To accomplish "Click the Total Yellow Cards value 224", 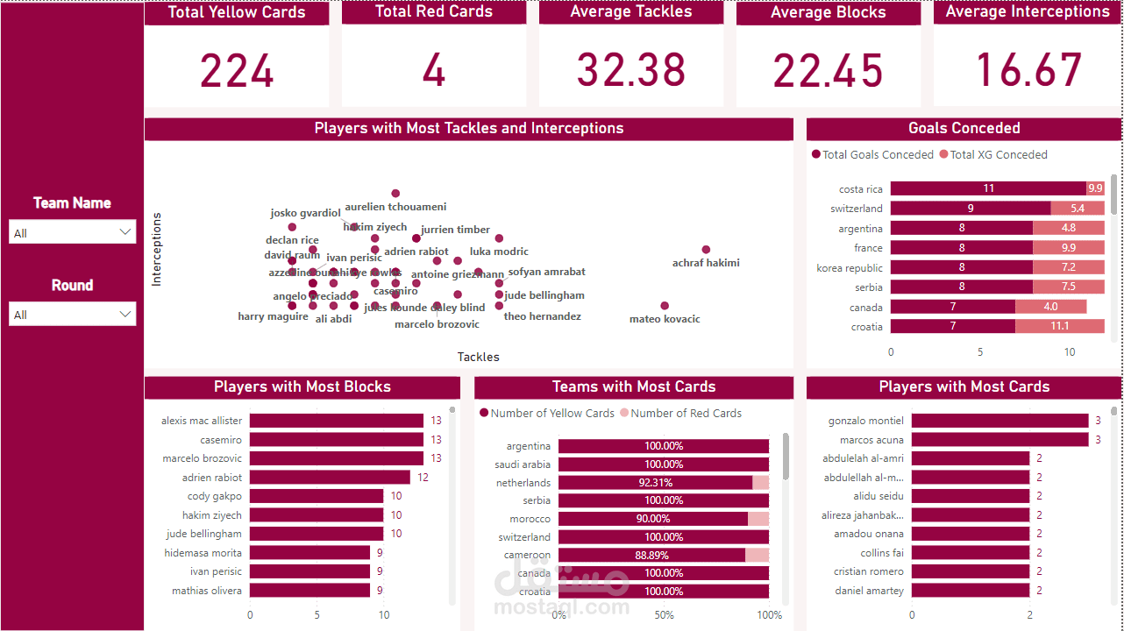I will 237,71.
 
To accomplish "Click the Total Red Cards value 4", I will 434,71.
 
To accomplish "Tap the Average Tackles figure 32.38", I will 631,71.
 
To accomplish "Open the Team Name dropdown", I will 73,232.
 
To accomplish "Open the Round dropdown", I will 73,315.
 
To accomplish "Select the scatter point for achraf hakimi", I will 706,250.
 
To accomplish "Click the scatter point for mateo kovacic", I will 665,306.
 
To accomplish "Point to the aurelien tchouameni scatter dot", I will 395,194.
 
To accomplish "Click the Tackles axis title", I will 478,357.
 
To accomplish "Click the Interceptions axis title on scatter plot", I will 157,249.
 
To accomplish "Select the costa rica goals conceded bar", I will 987,188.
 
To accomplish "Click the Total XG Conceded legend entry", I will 992,155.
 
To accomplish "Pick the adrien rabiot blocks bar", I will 330,478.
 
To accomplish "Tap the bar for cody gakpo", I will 317,496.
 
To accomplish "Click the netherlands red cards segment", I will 760,483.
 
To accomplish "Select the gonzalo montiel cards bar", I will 1000,421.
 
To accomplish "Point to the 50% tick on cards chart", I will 664,615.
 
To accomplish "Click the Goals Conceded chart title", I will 964,129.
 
